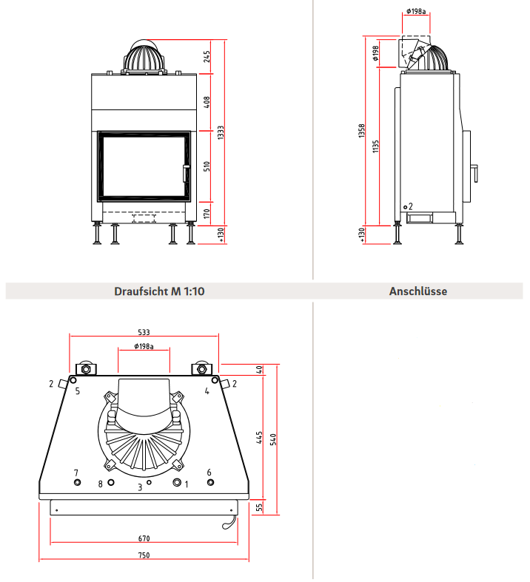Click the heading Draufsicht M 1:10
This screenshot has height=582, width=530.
159,291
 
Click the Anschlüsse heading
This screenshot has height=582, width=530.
417,291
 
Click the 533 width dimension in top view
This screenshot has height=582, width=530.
144,331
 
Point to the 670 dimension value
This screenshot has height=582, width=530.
144,538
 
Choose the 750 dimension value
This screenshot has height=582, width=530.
144,555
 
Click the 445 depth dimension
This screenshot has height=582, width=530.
260,438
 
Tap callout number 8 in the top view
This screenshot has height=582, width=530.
101,484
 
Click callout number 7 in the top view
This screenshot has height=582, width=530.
76,472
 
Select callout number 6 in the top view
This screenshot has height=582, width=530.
209,472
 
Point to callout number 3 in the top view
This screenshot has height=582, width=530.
140,487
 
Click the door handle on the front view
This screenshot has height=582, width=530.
185,172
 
